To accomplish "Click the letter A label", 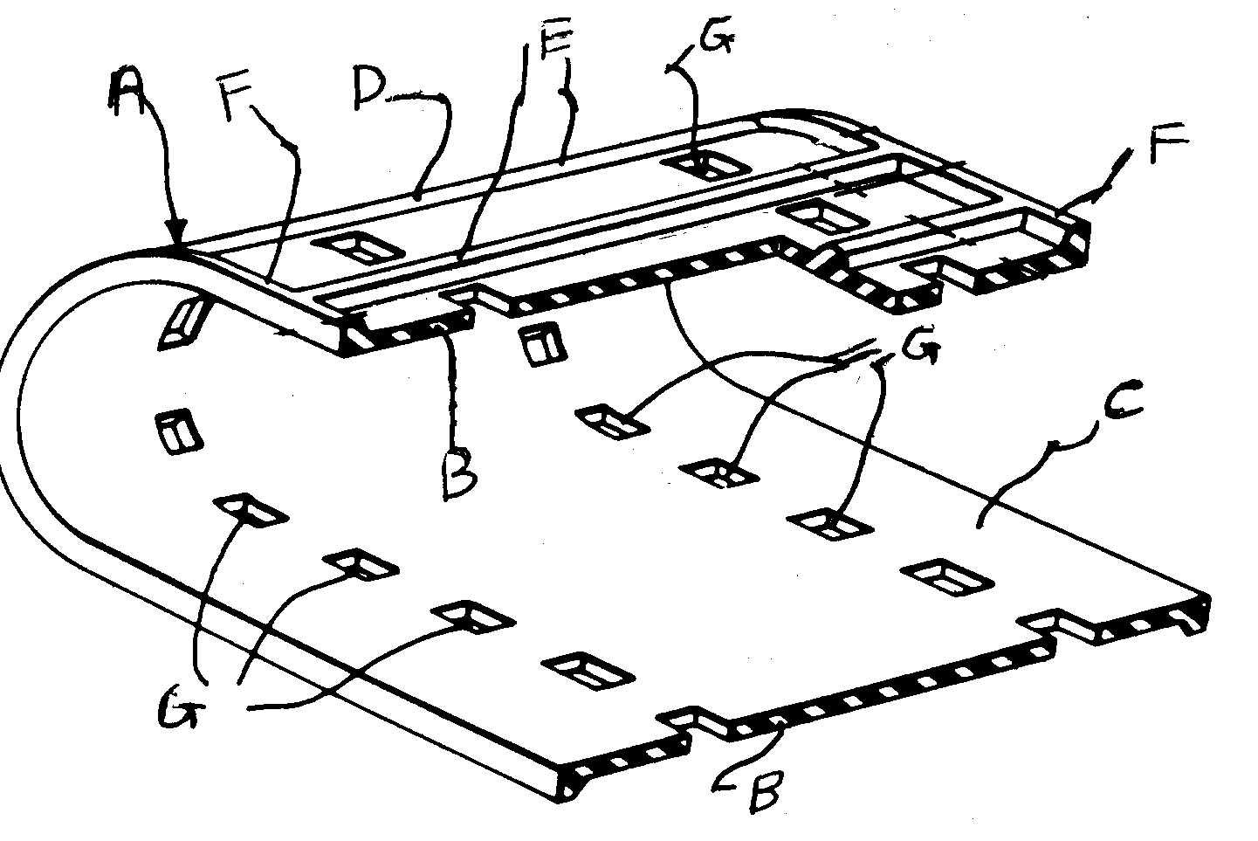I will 128,93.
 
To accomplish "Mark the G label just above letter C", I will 919,348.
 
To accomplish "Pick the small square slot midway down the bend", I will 176,432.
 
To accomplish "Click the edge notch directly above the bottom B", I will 692,721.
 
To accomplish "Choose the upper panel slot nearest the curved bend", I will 357,248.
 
